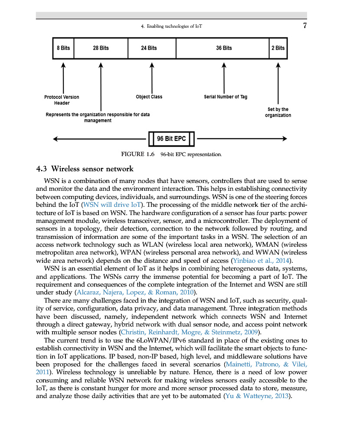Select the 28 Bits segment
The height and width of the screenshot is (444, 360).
point(101,48)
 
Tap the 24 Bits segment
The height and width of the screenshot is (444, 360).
point(152,48)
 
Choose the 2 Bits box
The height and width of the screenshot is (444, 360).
point(278,48)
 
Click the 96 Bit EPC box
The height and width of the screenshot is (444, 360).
point(171,139)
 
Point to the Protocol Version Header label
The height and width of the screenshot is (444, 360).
point(62,100)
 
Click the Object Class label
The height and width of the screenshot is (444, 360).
point(149,97)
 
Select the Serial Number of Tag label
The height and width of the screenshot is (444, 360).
point(225,97)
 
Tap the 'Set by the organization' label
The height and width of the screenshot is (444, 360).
point(278,112)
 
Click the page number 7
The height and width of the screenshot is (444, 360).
point(304,26)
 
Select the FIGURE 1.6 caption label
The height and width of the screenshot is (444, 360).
point(138,154)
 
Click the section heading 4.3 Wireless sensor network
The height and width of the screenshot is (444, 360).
point(85,169)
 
